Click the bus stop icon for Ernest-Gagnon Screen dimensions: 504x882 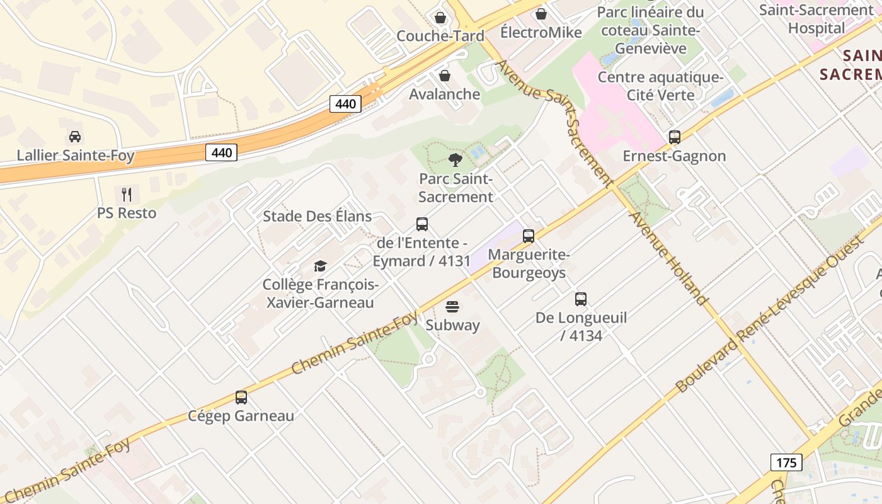coord(674,137)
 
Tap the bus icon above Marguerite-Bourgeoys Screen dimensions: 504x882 coord(529,236)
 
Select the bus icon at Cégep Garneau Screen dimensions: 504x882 coord(241,398)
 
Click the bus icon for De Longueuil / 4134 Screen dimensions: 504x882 coord(581,299)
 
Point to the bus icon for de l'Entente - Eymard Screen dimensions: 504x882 coord(422,224)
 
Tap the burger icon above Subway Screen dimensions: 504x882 coord(452,307)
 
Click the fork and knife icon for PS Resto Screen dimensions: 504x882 coord(127,194)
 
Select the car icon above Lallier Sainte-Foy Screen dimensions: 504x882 coord(75,137)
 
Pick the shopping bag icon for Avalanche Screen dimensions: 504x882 coord(445,76)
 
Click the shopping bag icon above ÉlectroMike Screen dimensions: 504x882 coord(541,14)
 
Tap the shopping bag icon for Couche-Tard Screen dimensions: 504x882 coord(440,17)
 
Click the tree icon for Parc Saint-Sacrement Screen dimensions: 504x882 coord(455,160)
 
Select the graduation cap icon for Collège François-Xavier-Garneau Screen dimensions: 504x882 coord(320,266)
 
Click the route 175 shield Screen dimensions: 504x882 coord(786,462)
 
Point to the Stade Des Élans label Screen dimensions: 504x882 coord(317,216)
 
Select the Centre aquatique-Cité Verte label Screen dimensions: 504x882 coord(660,86)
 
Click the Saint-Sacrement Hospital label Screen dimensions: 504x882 coord(816,19)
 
